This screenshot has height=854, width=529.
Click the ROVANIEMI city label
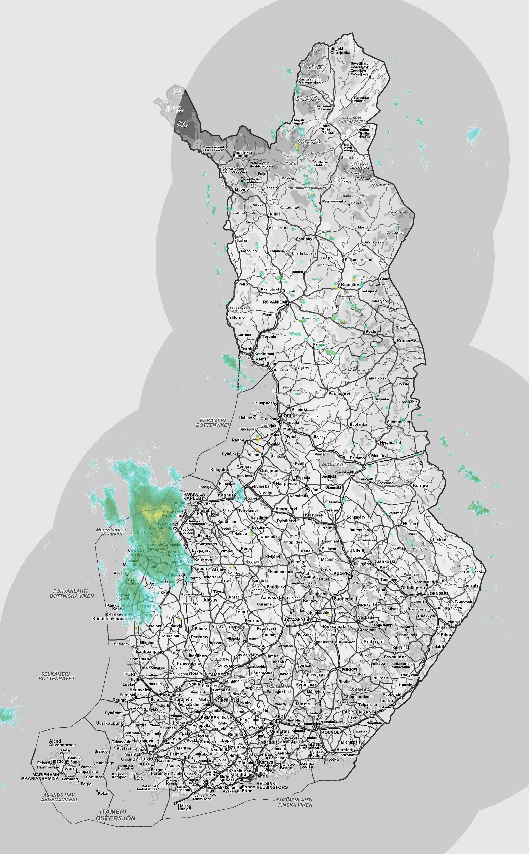(x=275, y=302)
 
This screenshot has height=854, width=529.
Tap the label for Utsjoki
(x=337, y=49)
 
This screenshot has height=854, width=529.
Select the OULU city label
(x=289, y=415)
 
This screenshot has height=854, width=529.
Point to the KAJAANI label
(x=345, y=472)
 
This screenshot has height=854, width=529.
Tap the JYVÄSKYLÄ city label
(x=297, y=619)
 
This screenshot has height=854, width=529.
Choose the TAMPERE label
(x=219, y=675)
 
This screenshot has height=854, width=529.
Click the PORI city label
(x=130, y=674)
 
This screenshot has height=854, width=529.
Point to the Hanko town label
(x=184, y=805)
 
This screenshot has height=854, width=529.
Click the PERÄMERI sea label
(x=213, y=420)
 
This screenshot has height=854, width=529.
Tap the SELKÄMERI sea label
(x=55, y=674)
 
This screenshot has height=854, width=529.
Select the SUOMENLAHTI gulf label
(x=295, y=800)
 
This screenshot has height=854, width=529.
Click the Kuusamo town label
(x=407, y=341)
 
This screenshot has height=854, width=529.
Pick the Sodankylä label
(x=306, y=239)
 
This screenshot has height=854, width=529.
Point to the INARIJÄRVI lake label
(x=351, y=118)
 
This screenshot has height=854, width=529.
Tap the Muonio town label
(x=242, y=189)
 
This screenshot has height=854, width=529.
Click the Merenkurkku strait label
(x=111, y=530)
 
